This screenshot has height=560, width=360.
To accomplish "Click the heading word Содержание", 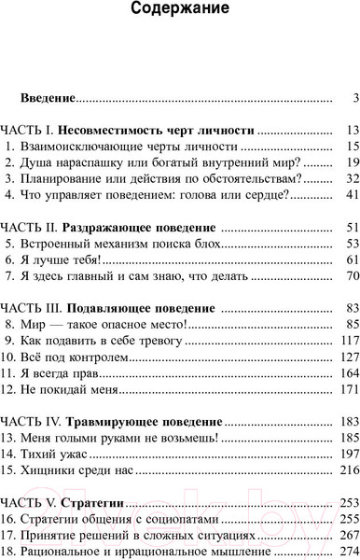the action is [180, 12].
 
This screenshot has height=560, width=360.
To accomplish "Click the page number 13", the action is [352, 130].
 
